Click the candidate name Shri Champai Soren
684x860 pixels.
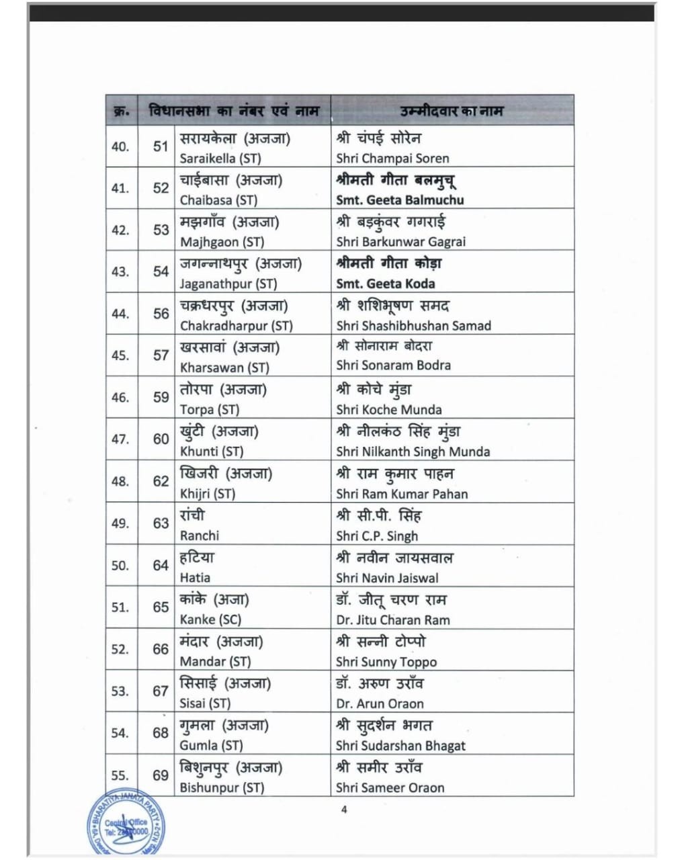(x=392, y=159)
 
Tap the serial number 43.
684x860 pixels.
(x=120, y=271)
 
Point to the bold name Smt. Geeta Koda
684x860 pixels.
(x=385, y=284)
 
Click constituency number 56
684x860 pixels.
(x=161, y=313)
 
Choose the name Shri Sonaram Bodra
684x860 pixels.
(x=393, y=365)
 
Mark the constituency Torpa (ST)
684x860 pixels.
(x=209, y=409)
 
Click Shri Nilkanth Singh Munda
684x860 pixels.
(x=413, y=451)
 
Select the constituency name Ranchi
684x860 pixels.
(x=199, y=535)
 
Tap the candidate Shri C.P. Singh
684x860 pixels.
(x=377, y=535)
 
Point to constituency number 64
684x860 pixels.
(x=161, y=565)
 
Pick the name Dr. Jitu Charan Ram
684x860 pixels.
(x=392, y=619)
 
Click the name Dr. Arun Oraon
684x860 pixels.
(x=380, y=703)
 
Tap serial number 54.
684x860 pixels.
(x=120, y=733)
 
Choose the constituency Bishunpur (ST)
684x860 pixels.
(x=222, y=787)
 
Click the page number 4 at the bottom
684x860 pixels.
(x=344, y=810)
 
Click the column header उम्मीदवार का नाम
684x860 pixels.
(x=451, y=111)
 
